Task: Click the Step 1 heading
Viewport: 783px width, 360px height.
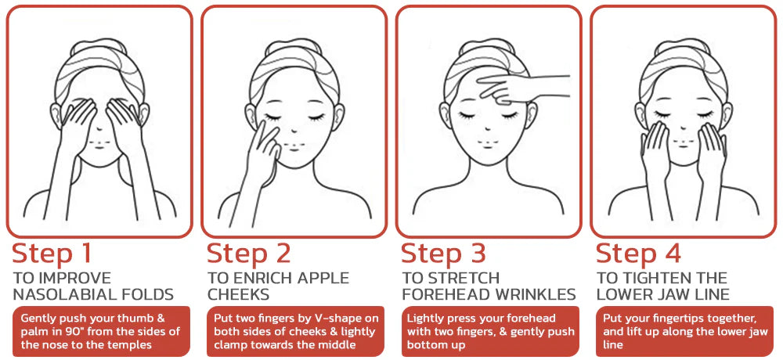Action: (52, 253)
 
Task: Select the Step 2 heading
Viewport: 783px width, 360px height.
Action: (249, 253)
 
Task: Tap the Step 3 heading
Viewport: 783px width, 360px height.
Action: (443, 253)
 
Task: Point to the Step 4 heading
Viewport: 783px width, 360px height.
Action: (639, 253)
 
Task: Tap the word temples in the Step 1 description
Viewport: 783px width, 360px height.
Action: (134, 344)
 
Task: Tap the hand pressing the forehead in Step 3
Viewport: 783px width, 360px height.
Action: (519, 88)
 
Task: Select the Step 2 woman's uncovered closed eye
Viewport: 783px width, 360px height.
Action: (316, 117)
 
